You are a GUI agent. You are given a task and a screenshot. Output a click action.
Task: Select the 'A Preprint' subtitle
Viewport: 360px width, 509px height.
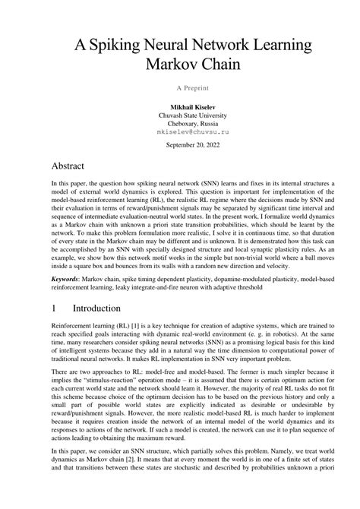(180, 87)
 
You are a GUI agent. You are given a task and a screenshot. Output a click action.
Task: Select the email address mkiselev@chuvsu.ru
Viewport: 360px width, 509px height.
(180, 131)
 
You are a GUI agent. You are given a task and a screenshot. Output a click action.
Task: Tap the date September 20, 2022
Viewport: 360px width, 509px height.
(180, 144)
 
